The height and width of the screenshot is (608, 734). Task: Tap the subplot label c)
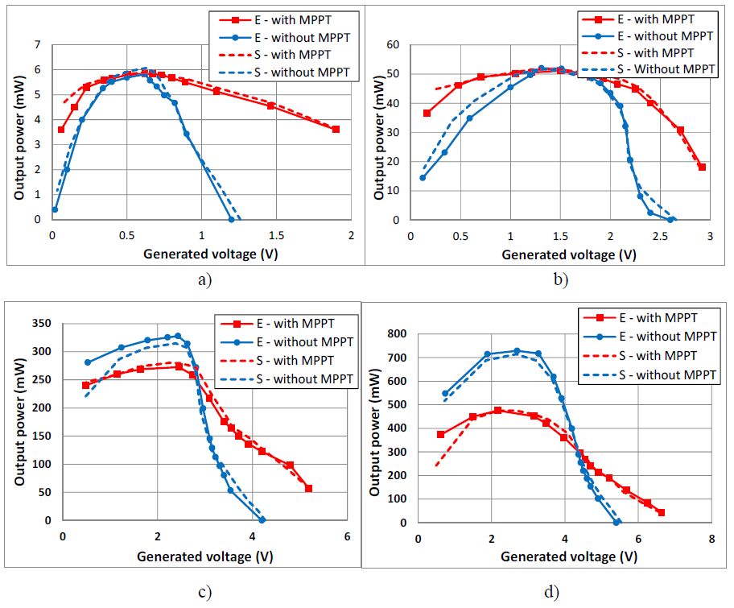click(204, 593)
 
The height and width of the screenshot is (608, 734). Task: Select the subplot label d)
click(551, 593)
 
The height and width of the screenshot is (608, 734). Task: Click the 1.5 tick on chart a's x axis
click(275, 235)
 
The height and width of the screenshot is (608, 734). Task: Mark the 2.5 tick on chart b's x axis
click(660, 235)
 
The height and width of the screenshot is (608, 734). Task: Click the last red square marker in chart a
click(336, 130)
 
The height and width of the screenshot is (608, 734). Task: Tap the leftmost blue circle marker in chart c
click(87, 362)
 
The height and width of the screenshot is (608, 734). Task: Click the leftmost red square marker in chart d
click(440, 434)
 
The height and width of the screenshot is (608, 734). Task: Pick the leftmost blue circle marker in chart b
click(423, 178)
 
